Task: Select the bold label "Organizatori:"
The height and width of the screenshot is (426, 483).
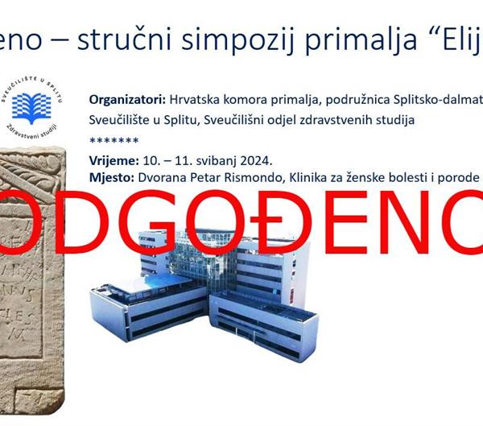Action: coord(126,100)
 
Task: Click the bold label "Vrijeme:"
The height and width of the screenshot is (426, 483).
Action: coord(114,159)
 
